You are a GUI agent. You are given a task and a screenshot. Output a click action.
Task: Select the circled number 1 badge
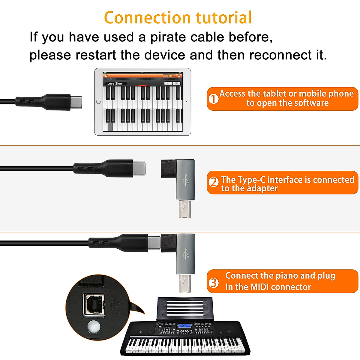214,99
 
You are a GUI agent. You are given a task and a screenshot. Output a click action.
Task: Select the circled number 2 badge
214,182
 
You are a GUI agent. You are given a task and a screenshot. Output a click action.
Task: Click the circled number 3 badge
214,282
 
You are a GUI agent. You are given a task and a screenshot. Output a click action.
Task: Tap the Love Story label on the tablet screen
115,84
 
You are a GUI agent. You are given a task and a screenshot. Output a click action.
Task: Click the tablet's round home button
98,102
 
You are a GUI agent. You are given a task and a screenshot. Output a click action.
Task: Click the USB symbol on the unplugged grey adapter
185,180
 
